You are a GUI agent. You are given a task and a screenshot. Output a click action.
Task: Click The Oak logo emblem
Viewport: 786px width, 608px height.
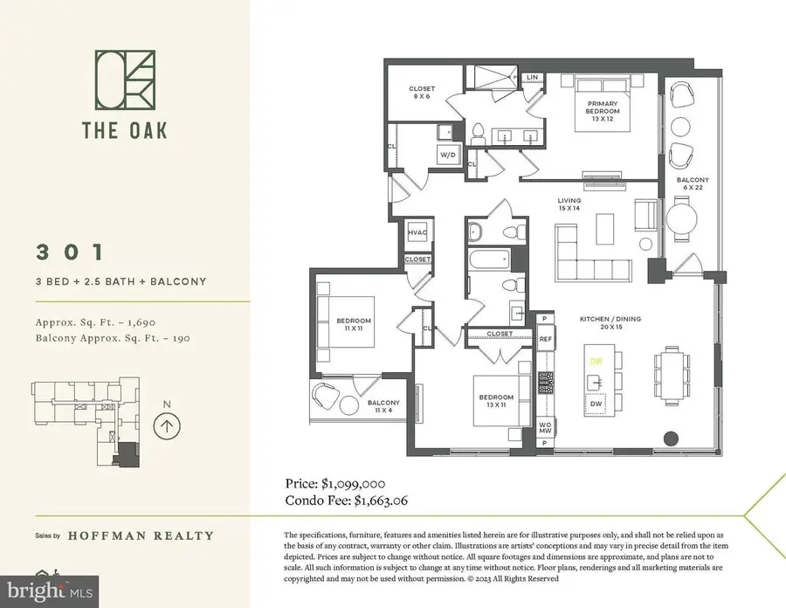(124, 79)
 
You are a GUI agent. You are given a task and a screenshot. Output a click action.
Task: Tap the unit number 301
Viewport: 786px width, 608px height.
(70, 252)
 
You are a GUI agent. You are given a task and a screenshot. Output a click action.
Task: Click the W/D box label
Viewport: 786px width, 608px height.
(448, 155)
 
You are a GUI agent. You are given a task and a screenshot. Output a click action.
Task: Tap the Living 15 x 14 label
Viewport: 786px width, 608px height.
(569, 204)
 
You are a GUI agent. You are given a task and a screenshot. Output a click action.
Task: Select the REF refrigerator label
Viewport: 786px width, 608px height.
(545, 339)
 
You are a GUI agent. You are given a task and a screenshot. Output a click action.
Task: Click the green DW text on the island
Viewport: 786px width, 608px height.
(596, 361)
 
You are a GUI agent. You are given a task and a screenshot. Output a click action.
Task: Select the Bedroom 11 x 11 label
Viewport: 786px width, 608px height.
(354, 323)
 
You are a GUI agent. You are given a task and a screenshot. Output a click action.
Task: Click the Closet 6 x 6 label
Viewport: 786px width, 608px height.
(422, 92)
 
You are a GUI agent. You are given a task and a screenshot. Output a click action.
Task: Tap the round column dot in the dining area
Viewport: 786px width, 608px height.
(670, 438)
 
